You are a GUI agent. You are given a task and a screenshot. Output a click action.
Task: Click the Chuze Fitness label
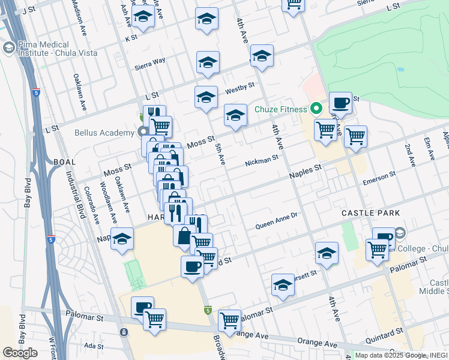pyautogui.click(x=280, y=109)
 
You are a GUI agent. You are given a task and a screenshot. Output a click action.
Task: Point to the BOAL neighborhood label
pyautogui.click(x=64, y=162)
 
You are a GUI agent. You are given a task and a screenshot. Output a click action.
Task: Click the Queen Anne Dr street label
pyautogui.click(x=276, y=224)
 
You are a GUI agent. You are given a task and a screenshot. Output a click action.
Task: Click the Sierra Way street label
pyautogui.click(x=149, y=62)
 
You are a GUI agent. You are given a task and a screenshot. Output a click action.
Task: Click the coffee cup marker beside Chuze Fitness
pyautogui.click(x=340, y=103)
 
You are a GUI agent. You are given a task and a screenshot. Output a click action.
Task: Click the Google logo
pyautogui.click(x=20, y=353)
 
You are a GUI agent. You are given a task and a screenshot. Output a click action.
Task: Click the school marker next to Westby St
pyautogui.click(x=206, y=97)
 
